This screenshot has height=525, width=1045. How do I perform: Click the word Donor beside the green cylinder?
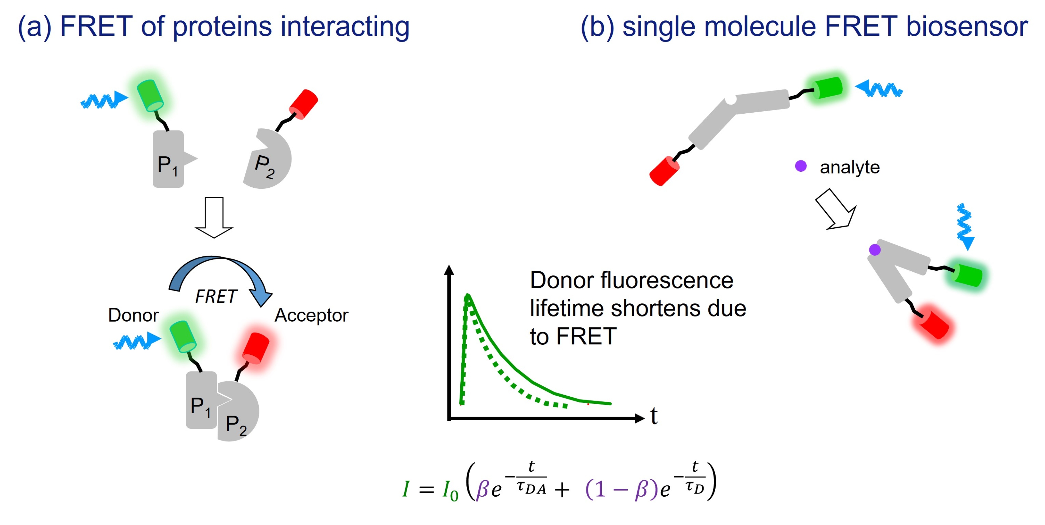(133, 315)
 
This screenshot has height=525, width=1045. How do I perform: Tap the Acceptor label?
(311, 315)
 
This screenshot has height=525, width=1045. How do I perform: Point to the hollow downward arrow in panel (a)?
(214, 217)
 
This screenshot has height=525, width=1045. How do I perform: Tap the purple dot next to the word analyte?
(800, 166)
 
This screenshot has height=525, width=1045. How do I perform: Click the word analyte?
(850, 167)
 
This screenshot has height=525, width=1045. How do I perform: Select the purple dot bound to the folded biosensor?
(875, 250)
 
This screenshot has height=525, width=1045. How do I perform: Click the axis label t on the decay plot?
(653, 416)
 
